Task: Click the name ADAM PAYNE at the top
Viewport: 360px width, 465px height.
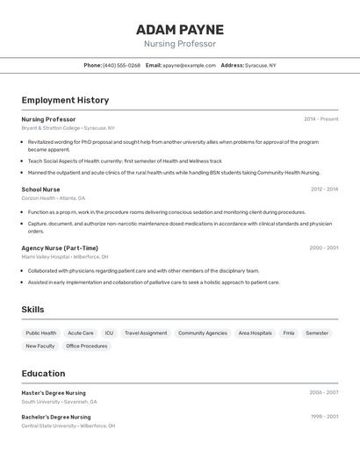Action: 180,30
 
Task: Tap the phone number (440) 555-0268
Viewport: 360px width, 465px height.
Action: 121,65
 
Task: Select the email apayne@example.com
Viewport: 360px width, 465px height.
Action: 189,65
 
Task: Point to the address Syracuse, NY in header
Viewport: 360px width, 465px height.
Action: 261,65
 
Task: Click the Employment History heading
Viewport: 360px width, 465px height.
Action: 65,100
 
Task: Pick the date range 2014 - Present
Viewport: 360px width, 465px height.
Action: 320,119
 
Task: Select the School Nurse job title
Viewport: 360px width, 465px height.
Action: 40,190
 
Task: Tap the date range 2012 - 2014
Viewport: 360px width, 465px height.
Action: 324,190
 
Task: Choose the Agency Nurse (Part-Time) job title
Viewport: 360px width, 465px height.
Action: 60,248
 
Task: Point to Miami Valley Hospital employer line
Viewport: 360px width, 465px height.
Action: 46,257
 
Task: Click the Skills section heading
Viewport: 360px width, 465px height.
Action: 32,310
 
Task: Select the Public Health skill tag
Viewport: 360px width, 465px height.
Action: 41,333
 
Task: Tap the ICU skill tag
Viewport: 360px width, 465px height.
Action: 109,333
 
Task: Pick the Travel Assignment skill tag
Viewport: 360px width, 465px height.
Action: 146,333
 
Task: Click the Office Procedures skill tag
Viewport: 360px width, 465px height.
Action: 87,347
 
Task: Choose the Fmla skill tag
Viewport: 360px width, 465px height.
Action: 289,333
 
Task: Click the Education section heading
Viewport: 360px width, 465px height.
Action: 43,374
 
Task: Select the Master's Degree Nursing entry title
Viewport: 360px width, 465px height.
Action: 54,393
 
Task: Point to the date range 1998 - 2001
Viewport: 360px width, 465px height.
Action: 324,417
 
